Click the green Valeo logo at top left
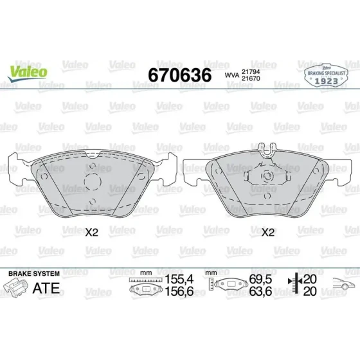pos(28,73)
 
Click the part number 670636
pos(180,75)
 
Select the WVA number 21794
pos(251,71)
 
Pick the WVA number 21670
pos(251,78)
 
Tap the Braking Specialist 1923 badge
pos(327,75)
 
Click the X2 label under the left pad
pos(92,233)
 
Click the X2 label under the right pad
pos(268,233)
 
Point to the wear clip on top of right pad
pos(267,150)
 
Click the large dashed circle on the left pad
pos(93,181)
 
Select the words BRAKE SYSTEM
pos(34,274)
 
